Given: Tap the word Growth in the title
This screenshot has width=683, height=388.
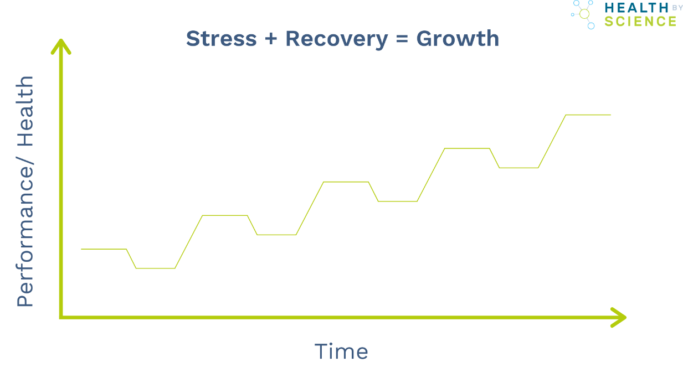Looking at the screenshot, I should (458, 39).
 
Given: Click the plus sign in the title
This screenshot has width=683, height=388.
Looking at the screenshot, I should (271, 39).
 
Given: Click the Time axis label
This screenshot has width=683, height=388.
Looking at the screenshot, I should (341, 351).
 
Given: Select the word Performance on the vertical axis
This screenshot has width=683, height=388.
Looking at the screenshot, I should (25, 232).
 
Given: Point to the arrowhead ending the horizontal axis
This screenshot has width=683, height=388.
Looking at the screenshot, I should (620, 317).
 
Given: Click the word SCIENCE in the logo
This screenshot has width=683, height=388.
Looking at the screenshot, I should (640, 22).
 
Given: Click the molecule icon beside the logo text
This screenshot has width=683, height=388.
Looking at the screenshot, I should (584, 13).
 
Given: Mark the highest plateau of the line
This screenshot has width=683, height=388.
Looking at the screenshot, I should (588, 115).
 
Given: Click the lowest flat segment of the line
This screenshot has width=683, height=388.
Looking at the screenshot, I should (156, 268).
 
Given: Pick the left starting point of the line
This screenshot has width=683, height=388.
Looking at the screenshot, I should (81, 249).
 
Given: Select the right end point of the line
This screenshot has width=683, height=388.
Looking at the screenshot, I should (610, 115).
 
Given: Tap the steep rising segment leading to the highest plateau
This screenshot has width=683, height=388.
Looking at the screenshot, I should (552, 141).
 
